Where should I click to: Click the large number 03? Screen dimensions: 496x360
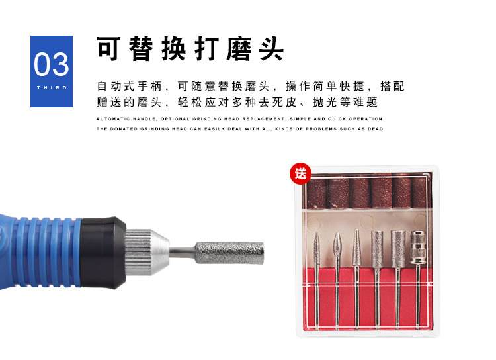[x=51, y=64]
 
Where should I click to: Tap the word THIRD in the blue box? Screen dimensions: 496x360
[x=52, y=88]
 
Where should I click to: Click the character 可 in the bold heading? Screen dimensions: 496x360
[x=108, y=48]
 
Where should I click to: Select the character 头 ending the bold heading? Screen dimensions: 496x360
[x=271, y=48]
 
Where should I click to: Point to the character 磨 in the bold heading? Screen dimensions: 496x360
[x=239, y=48]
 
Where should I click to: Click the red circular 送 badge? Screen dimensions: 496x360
[x=300, y=174]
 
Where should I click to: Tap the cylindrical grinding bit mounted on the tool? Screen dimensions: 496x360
[x=229, y=253]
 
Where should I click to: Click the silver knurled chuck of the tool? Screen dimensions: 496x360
[x=147, y=252]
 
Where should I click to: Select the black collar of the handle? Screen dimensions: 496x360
[x=103, y=253]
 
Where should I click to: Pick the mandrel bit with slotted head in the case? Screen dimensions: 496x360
[x=418, y=279]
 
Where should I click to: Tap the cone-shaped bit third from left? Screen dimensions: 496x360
[x=357, y=279]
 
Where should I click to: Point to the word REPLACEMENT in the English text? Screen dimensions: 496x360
[x=263, y=119]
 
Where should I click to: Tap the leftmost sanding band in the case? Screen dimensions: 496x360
[x=317, y=193]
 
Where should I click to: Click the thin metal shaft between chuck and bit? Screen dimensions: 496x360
[x=183, y=252]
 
